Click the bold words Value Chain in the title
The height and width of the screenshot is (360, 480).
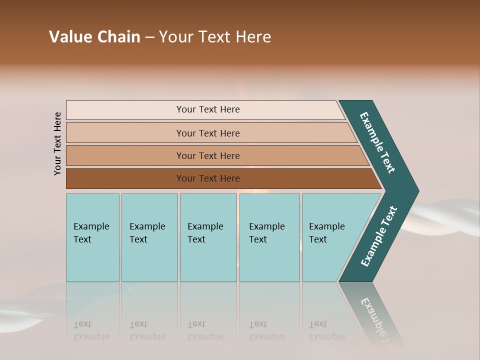click(x=94, y=37)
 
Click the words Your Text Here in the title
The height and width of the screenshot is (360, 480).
click(x=215, y=37)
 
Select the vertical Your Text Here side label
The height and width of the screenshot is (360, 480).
click(x=57, y=143)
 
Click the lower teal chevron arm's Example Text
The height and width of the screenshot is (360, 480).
click(x=379, y=236)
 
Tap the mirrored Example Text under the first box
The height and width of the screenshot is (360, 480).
click(x=91, y=330)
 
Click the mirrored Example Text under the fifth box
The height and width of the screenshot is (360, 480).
click(x=326, y=330)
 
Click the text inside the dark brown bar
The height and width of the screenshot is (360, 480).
click(x=208, y=178)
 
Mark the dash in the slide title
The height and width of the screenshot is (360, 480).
click(x=149, y=37)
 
